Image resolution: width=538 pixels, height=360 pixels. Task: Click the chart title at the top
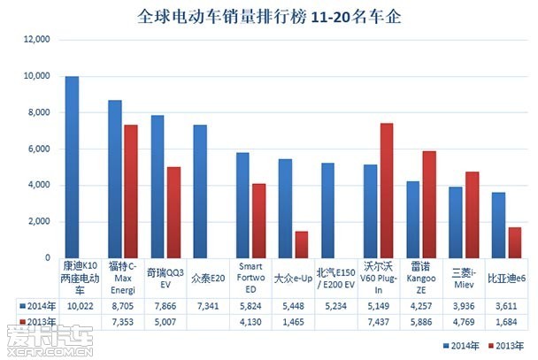coord(269,17)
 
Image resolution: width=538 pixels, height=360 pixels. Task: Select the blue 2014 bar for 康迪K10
coord(72,167)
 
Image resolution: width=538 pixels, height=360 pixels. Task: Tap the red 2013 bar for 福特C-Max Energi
coord(131,191)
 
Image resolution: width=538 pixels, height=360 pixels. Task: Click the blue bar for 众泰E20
coord(200,191)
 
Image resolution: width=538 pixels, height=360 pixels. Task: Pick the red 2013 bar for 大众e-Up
coord(302,245)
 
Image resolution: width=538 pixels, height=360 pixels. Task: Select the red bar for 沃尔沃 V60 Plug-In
coord(387,191)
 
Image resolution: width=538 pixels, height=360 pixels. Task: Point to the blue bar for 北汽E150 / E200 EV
coord(327,211)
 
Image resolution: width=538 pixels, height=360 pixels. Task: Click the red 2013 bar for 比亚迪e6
coord(515,242)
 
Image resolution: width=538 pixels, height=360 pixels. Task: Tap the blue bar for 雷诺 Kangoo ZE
coord(412,219)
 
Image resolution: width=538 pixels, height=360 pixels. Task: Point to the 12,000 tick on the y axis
coord(36,39)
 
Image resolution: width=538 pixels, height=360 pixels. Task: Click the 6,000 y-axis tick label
coord(39,149)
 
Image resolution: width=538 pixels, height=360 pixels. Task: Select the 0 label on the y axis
coord(48,257)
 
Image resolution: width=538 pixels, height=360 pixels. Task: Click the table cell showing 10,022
coord(80,306)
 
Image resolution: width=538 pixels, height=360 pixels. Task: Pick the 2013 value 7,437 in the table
coord(378,322)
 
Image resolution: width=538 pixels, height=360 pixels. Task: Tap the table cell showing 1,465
coord(293,322)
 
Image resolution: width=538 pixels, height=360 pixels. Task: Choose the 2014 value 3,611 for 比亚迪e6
coord(506,306)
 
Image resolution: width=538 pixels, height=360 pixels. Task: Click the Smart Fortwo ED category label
coord(250,278)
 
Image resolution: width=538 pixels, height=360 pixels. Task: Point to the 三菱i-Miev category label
coord(464,279)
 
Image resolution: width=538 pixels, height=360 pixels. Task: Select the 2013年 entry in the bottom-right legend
coord(506,346)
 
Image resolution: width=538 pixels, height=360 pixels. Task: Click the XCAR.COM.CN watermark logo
coord(50,341)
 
